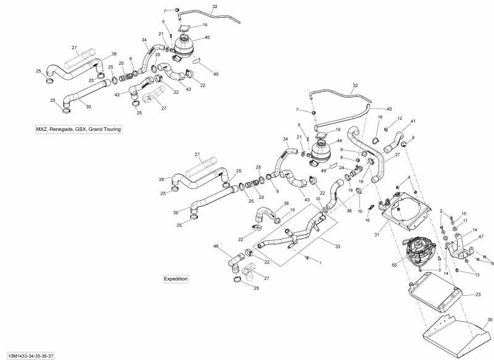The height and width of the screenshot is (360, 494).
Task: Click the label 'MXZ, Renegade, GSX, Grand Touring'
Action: point(78,129)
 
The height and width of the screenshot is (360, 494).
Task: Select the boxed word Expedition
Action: point(175,279)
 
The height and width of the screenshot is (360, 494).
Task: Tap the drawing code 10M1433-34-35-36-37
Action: point(30,356)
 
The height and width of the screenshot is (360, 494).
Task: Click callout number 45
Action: point(207,38)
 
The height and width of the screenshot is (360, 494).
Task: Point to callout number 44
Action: point(339,141)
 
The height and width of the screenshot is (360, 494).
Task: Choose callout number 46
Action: point(216,246)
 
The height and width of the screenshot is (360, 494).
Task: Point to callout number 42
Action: point(117,94)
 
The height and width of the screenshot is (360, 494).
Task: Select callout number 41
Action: point(413,121)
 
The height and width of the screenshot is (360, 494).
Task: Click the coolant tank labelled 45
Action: point(183,45)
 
